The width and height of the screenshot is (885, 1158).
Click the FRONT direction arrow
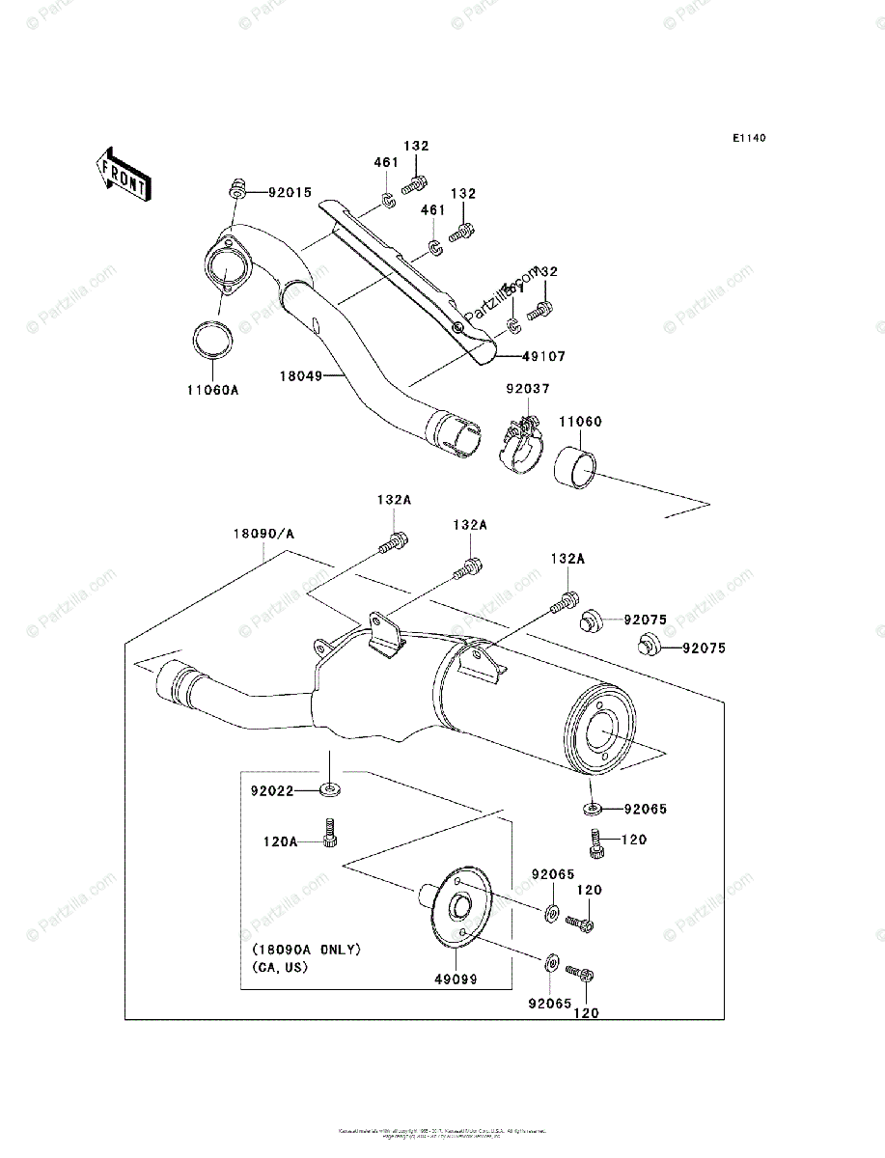click(121, 173)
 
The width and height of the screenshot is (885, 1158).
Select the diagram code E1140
click(748, 139)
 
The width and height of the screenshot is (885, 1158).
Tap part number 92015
click(290, 193)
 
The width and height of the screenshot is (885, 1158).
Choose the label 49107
click(543, 356)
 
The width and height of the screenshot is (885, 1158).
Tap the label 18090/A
click(263, 532)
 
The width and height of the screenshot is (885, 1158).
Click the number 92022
click(272, 791)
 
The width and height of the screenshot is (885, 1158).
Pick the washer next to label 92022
click(330, 791)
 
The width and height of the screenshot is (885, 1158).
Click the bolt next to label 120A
click(331, 834)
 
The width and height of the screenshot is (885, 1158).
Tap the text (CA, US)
click(280, 967)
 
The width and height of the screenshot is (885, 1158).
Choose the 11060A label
click(212, 390)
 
